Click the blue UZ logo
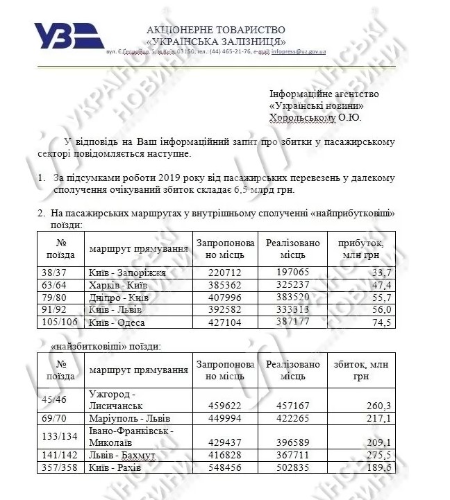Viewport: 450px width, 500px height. pyautogui.click(x=69, y=36)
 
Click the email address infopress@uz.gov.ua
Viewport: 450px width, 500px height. pyautogui.click(x=299, y=52)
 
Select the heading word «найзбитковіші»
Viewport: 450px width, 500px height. pyautogui.click(x=84, y=345)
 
